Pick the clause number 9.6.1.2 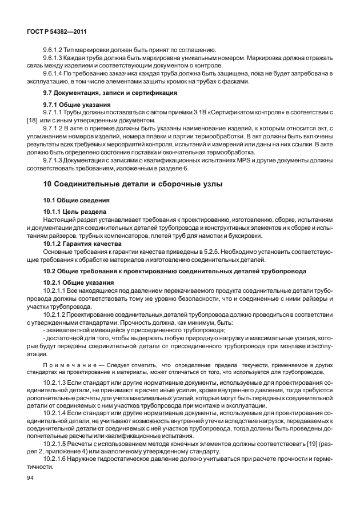(x=55, y=50)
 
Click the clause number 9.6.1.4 (x=55, y=73)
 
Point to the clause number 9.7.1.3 (x=55, y=160)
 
